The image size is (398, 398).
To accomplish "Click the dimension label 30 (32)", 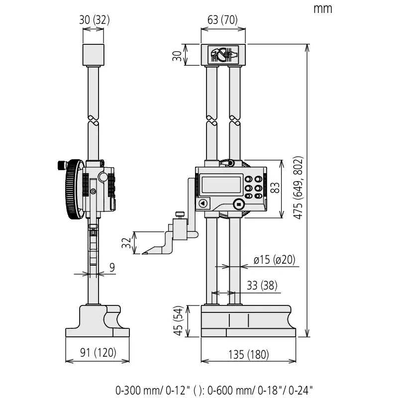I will click(94, 20).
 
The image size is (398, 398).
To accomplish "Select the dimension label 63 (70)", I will click(223, 20).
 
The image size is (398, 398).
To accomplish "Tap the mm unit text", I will click(322, 8).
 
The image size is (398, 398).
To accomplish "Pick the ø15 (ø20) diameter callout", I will click(274, 260).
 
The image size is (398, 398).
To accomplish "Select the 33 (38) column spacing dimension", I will click(262, 286).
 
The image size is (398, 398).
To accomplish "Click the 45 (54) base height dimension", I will click(178, 321).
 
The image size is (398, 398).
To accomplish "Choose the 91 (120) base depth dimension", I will click(98, 353).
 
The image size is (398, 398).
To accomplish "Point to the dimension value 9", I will click(112, 268).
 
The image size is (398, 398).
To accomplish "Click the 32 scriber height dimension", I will click(126, 243).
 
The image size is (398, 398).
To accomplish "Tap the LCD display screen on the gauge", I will click(221, 184).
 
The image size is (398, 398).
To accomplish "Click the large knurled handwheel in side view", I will click(74, 190).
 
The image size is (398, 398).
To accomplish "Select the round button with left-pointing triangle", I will click(202, 203).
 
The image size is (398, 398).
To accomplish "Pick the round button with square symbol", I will click(238, 204).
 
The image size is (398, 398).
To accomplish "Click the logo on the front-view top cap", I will click(223, 54).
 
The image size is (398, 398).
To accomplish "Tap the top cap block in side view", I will click(94, 55).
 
